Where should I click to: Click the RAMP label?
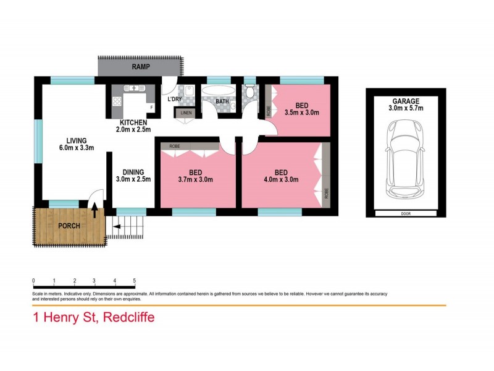coord(141,67)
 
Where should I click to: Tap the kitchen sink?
coord(133,88)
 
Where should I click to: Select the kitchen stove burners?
coord(117,101)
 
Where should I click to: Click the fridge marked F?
coord(151,108)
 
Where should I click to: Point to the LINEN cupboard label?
coord(186,113)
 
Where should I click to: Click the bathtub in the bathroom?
coord(218,90)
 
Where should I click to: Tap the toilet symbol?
coord(250,90)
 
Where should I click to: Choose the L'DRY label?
coord(174,99)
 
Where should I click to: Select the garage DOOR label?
coord(406,213)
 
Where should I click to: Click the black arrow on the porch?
coord(94,211)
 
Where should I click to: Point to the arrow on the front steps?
coord(116,226)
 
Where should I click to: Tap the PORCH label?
coord(69,226)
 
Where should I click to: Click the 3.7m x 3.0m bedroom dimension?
coord(195,179)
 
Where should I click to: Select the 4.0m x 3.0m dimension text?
coord(281,179)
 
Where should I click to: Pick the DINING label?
coord(133,173)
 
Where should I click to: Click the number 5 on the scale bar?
coord(135,281)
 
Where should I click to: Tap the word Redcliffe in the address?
coord(129,317)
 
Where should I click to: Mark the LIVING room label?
coord(76,141)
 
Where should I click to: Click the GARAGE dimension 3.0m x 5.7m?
coord(406,108)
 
